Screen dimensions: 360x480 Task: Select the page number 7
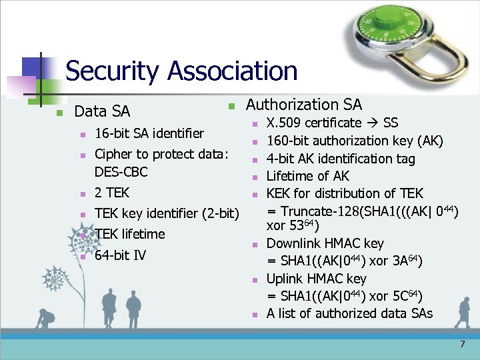[462, 345]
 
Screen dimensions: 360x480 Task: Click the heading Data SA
[102, 111]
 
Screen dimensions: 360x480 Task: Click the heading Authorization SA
[304, 105]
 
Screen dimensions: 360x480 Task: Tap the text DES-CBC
[121, 172]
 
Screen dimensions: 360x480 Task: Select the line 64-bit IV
[120, 255]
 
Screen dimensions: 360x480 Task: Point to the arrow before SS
[373, 123]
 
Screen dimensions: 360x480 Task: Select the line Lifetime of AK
[307, 176]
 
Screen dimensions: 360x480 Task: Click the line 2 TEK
[111, 193]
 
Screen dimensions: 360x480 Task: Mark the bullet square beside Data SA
[59, 112]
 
